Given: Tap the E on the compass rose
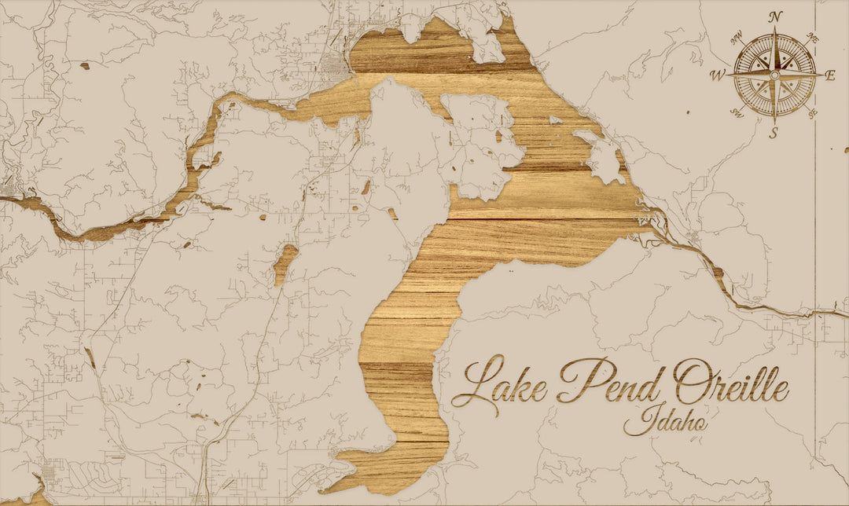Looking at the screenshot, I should [x=830, y=75].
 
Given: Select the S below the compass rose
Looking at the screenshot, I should [x=774, y=133].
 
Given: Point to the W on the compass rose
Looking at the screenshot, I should [x=718, y=75].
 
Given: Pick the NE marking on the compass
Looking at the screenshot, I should [x=813, y=38].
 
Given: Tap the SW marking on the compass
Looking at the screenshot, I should [x=737, y=113].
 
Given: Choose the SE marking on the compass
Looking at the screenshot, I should [x=812, y=113].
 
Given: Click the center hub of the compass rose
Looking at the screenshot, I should [x=774, y=75].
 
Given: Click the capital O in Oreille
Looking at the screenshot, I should [x=691, y=379].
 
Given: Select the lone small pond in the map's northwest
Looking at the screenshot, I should [x=84, y=66].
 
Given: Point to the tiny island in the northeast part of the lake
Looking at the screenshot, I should [x=556, y=120].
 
